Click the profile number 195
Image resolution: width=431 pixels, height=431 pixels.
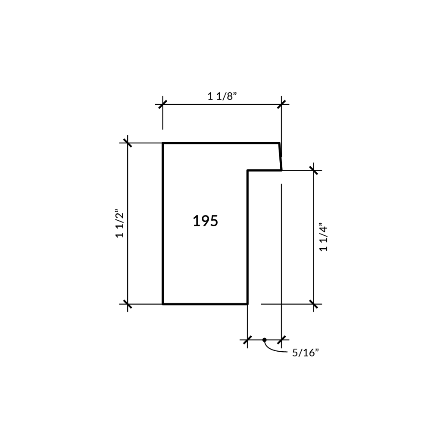click(205, 221)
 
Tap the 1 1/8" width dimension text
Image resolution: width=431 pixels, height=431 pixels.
click(222, 96)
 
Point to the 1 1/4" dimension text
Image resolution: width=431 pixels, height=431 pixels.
click(324, 237)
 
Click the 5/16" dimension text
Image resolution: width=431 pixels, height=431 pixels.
click(306, 353)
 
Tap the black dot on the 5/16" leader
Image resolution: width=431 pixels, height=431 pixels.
click(265, 340)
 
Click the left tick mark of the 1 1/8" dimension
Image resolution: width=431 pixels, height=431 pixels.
click(163, 104)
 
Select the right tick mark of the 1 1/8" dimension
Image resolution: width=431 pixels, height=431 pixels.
click(281, 104)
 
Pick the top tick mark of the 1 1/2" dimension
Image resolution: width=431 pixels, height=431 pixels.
click(128, 143)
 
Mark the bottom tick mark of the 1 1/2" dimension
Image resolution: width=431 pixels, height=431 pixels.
click(128, 304)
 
